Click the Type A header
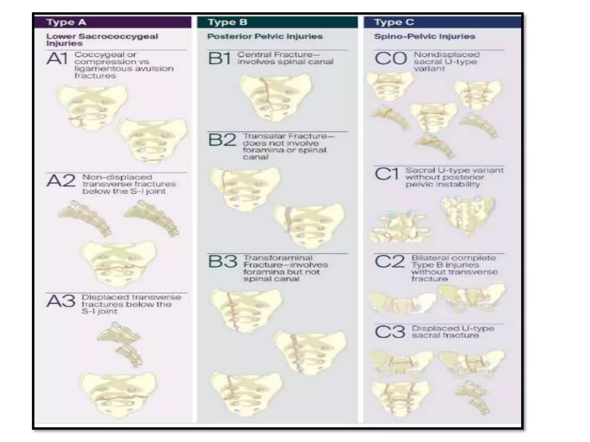click(66, 22)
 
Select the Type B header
click(228, 22)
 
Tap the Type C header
click(394, 22)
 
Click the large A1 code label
click(57, 59)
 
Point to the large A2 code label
click(61, 181)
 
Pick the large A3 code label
click(61, 302)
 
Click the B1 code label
click(220, 59)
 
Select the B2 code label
click(222, 140)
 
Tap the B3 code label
click(223, 262)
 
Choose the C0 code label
click(391, 59)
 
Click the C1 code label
click(387, 174)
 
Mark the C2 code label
click(390, 262)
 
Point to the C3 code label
click(390, 332)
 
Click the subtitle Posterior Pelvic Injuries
click(265, 37)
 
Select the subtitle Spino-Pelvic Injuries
click(424, 37)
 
